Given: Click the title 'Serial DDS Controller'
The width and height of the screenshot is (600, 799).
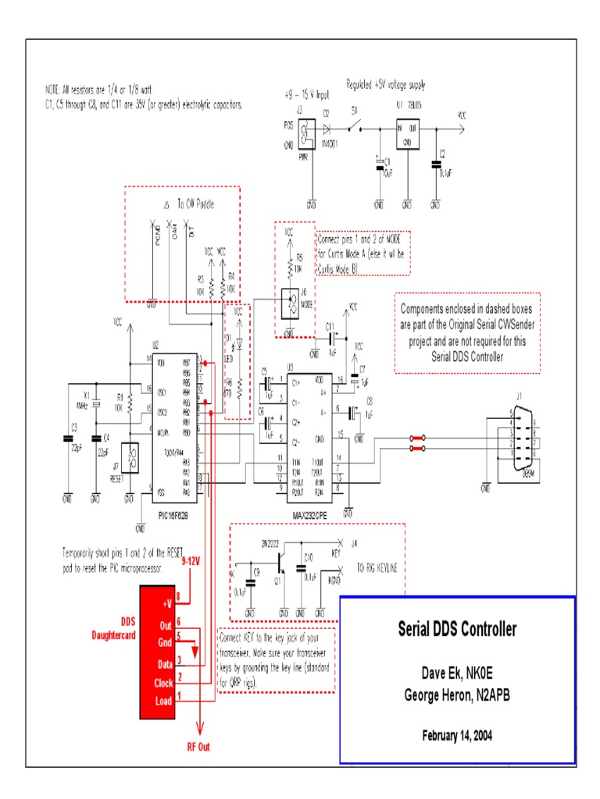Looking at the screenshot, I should pyautogui.click(x=457, y=630).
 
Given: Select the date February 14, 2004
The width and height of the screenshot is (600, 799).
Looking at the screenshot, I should pyautogui.click(x=457, y=735).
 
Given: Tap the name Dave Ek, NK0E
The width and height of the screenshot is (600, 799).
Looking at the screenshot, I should pyautogui.click(x=457, y=673).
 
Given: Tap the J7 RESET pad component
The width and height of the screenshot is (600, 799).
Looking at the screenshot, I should pyautogui.click(x=133, y=460).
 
